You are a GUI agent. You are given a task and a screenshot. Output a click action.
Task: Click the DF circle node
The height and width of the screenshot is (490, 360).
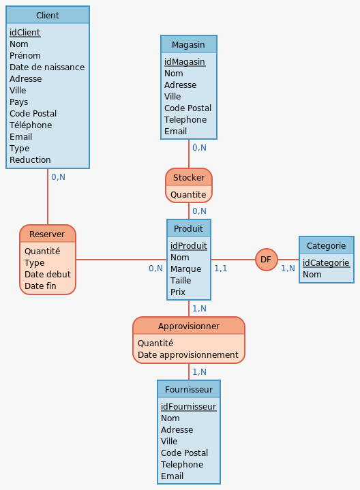tap(266, 260)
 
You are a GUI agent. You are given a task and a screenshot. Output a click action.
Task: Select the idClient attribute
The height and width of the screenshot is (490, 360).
tap(25, 33)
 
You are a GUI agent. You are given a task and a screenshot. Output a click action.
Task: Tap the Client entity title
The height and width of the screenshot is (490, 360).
tap(48, 15)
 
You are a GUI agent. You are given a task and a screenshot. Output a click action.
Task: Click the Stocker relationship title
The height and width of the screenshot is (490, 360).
tap(189, 177)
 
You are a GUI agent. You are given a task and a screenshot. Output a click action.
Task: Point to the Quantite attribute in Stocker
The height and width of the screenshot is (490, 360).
tap(188, 195)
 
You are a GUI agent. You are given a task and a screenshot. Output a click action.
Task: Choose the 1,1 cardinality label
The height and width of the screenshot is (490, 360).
tap(220, 269)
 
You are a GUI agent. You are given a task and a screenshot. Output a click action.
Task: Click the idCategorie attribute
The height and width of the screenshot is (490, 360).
tap(326, 263)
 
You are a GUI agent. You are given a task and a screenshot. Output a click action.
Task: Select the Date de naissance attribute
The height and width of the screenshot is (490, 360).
tap(47, 67)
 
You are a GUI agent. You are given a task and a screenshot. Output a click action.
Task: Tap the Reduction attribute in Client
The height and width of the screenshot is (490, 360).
tap(30, 159)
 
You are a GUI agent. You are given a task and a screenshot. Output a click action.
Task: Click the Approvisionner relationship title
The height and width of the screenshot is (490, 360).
tap(189, 326)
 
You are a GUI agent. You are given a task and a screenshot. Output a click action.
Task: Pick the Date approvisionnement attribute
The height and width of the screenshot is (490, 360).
tap(187, 355)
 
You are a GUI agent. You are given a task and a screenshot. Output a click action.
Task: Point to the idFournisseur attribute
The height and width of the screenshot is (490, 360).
tap(188, 407)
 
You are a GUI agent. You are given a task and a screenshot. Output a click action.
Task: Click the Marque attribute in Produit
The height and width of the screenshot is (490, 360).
tap(185, 269)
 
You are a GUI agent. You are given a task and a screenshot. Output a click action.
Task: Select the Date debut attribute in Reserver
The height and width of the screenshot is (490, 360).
tap(48, 275)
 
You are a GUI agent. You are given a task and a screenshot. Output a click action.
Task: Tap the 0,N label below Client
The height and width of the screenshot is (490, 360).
tap(58, 177)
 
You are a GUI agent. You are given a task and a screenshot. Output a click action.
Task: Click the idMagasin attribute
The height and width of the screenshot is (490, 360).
tap(185, 62)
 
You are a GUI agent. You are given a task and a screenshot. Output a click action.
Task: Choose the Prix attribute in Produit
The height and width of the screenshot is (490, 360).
tap(178, 292)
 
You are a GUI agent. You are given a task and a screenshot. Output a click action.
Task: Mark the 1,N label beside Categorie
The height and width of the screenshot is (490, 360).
tap(288, 269)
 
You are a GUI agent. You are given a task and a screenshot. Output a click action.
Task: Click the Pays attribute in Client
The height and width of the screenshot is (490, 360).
tap(19, 102)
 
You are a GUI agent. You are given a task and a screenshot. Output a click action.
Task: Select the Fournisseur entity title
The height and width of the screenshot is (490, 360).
tap(189, 390)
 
